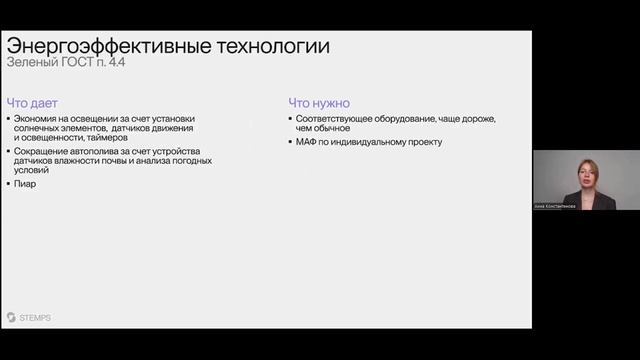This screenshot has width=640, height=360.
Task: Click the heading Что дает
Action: point(32,102)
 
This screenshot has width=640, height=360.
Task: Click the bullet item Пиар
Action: point(25,184)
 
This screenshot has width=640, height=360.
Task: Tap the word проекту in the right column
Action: point(421,142)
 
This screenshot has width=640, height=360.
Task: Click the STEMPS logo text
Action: point(34,317)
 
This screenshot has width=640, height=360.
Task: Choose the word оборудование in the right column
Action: point(416,119)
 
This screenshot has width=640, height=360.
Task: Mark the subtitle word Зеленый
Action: point(31,64)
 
